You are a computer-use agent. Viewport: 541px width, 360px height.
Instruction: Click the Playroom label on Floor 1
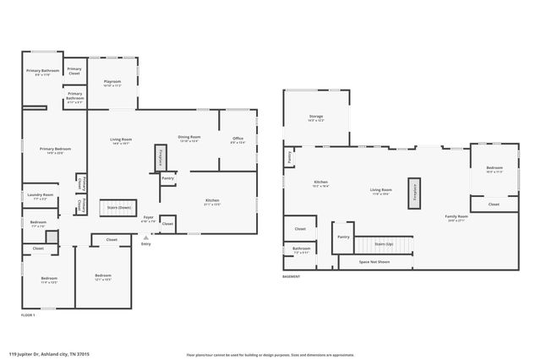pos(113,83)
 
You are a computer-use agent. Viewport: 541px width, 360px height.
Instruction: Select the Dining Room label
pos(189,139)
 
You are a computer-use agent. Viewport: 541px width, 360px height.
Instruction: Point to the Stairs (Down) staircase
pos(117,207)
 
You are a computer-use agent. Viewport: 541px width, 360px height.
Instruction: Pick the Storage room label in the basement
pos(316,117)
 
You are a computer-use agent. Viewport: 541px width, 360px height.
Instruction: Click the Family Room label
pos(456,218)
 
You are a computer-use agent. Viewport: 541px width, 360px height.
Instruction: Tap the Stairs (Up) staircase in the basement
pos(383,244)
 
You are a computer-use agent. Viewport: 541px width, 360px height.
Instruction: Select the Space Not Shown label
pos(375,262)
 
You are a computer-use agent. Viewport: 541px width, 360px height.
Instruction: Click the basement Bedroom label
pos(495,170)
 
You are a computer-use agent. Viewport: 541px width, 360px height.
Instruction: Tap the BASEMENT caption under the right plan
pos(292,277)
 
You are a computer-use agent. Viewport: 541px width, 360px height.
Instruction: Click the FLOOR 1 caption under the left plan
pos(29,314)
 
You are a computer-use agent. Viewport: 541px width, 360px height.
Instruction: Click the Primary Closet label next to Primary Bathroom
pos(74,71)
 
